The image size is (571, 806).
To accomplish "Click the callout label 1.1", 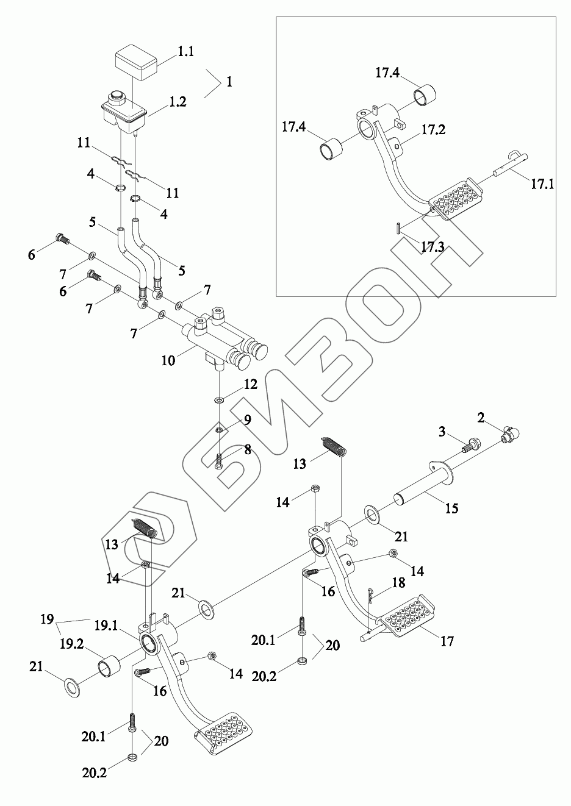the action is pos(185,52).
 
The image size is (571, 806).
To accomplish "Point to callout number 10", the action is pos(168,360).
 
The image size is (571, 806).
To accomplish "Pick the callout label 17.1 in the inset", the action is pos(542,183).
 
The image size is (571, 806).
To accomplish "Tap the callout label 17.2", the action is pos(433,129).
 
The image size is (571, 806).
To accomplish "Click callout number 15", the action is pos(451,508).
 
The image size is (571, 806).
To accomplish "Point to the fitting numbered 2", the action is pos(510,434).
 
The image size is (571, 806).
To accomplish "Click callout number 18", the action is pos(398,583).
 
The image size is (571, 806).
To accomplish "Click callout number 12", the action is pos(251,385).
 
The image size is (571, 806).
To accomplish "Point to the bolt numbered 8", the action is pos(219,461).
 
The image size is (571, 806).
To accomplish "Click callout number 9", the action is pos(247,419).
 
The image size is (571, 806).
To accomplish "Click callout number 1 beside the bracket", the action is pos(229,82).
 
